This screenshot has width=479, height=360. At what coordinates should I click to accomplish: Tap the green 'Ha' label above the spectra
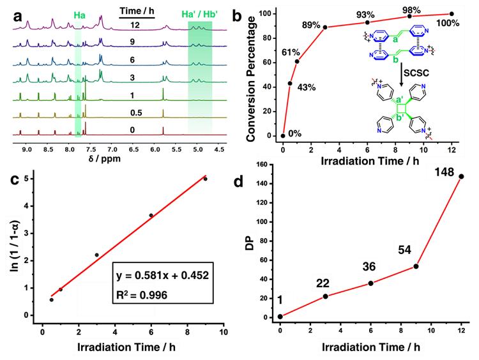click(x=79, y=13)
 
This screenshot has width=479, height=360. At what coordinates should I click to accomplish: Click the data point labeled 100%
click(x=452, y=13)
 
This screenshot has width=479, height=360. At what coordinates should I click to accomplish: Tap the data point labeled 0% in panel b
click(x=283, y=135)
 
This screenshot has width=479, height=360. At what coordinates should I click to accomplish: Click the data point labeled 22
click(x=326, y=296)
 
